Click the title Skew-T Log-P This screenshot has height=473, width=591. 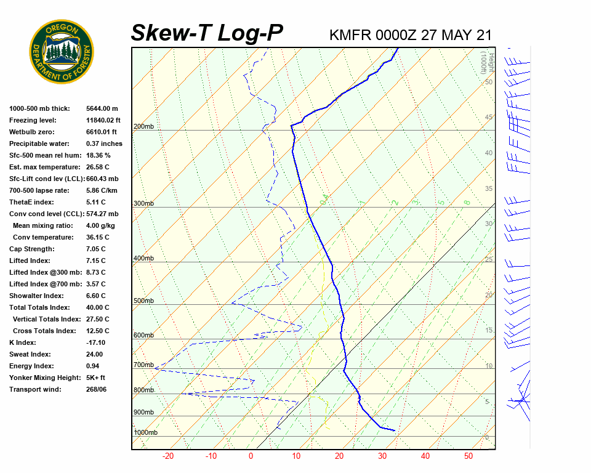207,33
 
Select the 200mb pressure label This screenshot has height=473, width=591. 143,127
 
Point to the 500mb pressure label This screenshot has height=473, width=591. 143,301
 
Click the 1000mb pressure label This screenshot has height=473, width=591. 146,433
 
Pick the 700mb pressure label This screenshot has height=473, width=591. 143,365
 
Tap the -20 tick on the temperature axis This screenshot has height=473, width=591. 167,456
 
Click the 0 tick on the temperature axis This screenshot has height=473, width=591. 251,456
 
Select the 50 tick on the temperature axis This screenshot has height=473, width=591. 468,456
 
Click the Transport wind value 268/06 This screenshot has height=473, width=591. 97,389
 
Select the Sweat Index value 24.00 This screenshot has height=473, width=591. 94,354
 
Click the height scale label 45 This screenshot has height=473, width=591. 489,118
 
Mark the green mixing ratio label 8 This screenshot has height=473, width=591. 467,202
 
